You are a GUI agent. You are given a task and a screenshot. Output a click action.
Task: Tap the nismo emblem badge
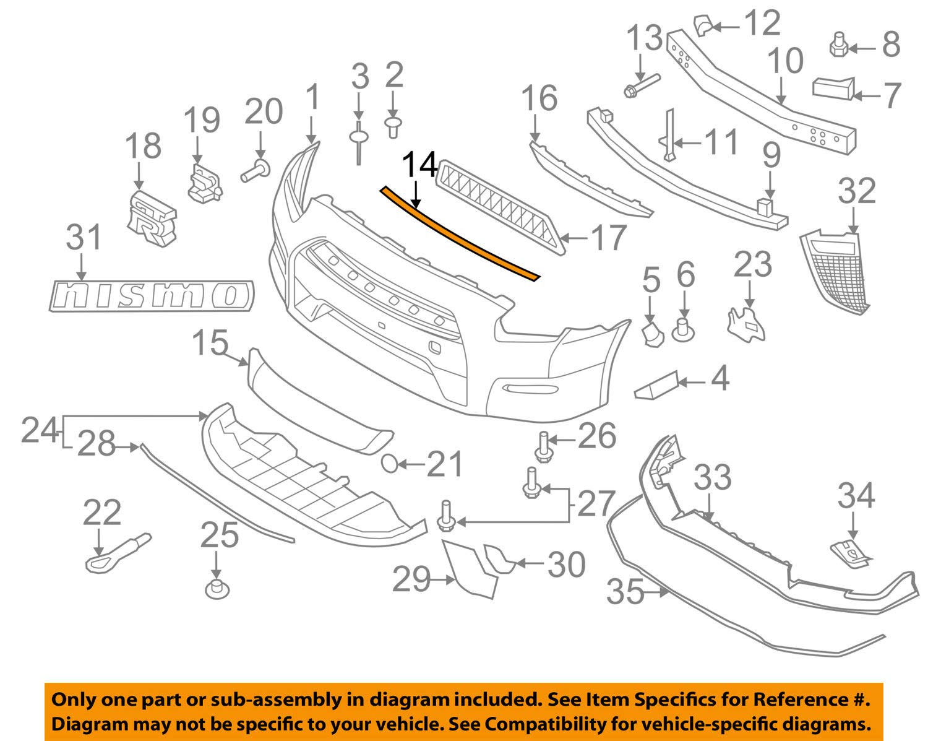152,296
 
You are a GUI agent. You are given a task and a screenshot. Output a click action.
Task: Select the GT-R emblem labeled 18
152,219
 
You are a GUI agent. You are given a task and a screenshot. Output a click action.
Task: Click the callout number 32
856,191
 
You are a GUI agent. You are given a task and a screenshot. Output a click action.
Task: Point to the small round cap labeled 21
390,464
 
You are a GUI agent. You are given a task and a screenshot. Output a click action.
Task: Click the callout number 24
40,430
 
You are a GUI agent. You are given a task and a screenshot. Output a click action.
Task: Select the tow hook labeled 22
118,553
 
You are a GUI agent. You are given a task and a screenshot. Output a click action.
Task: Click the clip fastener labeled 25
217,589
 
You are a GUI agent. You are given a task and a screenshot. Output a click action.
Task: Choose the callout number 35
625,591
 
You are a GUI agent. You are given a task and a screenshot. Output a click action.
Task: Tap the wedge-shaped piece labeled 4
656,384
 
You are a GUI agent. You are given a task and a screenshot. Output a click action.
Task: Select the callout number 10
785,61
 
